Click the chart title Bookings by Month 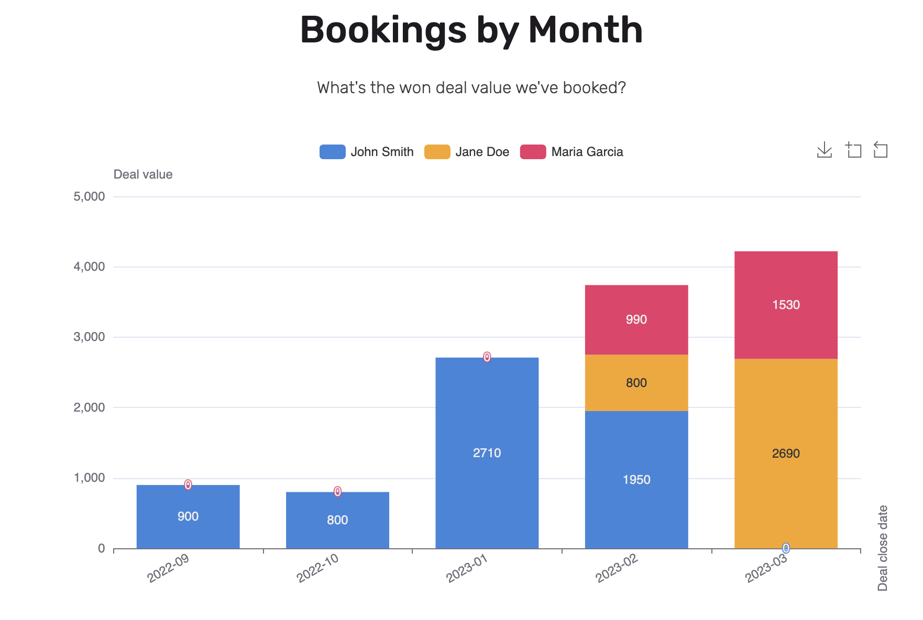click(471, 30)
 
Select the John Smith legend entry click(367, 152)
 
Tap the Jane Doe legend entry click(467, 152)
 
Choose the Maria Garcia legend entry click(572, 152)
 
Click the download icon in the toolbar click(824, 150)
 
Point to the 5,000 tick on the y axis click(90, 197)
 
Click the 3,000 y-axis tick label click(90, 337)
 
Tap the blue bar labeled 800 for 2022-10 click(337, 520)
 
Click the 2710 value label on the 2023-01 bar click(487, 453)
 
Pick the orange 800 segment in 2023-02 click(636, 383)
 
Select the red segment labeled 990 click(636, 319)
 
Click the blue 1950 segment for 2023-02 click(636, 480)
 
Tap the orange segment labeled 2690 click(785, 453)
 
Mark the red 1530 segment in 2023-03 click(785, 305)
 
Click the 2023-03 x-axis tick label click(766, 568)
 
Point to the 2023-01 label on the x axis click(467, 568)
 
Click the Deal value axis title click(143, 174)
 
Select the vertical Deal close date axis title click(883, 548)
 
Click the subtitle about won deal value click(471, 87)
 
